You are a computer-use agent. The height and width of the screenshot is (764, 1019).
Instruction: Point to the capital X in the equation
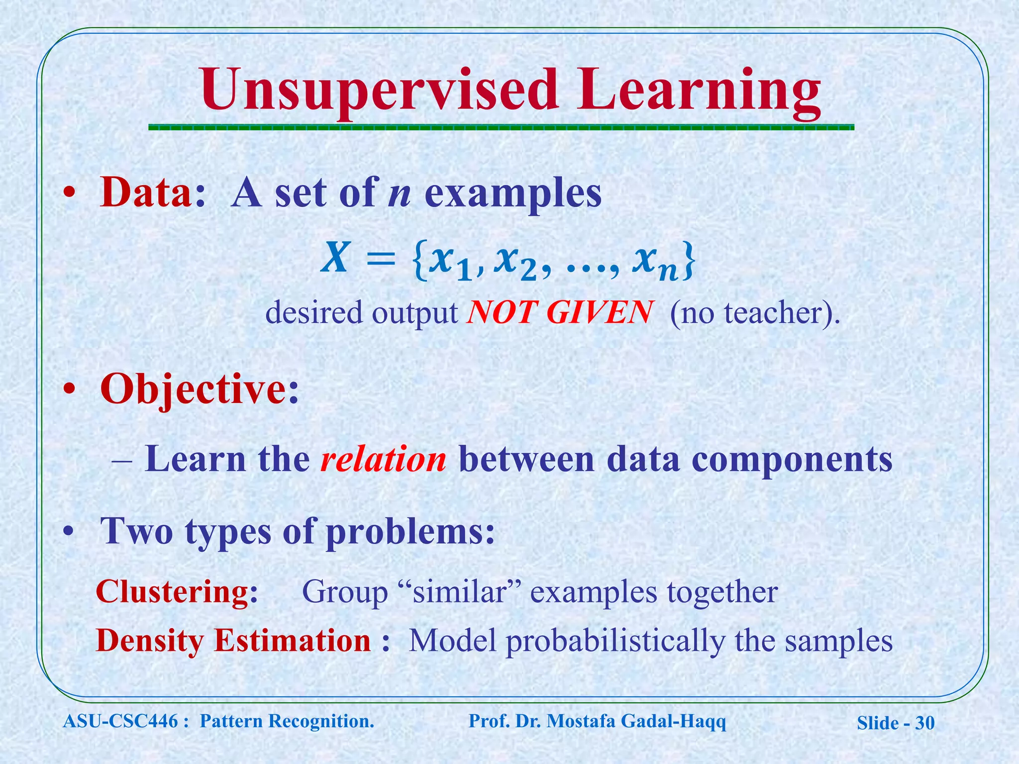coord(334,259)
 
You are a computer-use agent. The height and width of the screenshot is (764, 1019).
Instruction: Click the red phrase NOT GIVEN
coord(559,313)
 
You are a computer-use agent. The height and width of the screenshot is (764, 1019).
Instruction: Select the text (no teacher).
coord(754,313)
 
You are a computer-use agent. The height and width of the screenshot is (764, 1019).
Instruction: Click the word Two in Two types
coord(136,531)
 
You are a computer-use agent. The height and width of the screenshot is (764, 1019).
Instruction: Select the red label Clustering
coord(177,592)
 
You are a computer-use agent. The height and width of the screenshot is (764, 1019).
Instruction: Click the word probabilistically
coord(615,641)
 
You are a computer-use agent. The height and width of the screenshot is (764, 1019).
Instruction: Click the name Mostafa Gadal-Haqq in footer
coord(636,721)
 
